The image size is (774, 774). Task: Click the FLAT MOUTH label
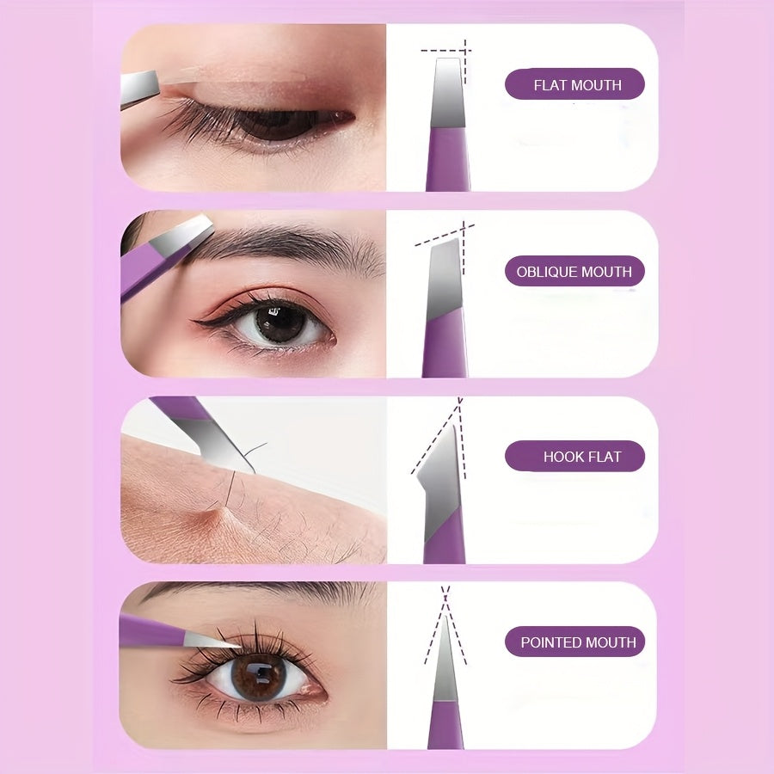point(574,84)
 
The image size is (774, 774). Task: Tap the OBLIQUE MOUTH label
point(574,271)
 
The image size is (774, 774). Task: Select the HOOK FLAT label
point(574,457)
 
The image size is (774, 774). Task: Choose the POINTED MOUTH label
point(574,642)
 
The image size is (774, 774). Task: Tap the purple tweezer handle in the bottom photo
point(150,632)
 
